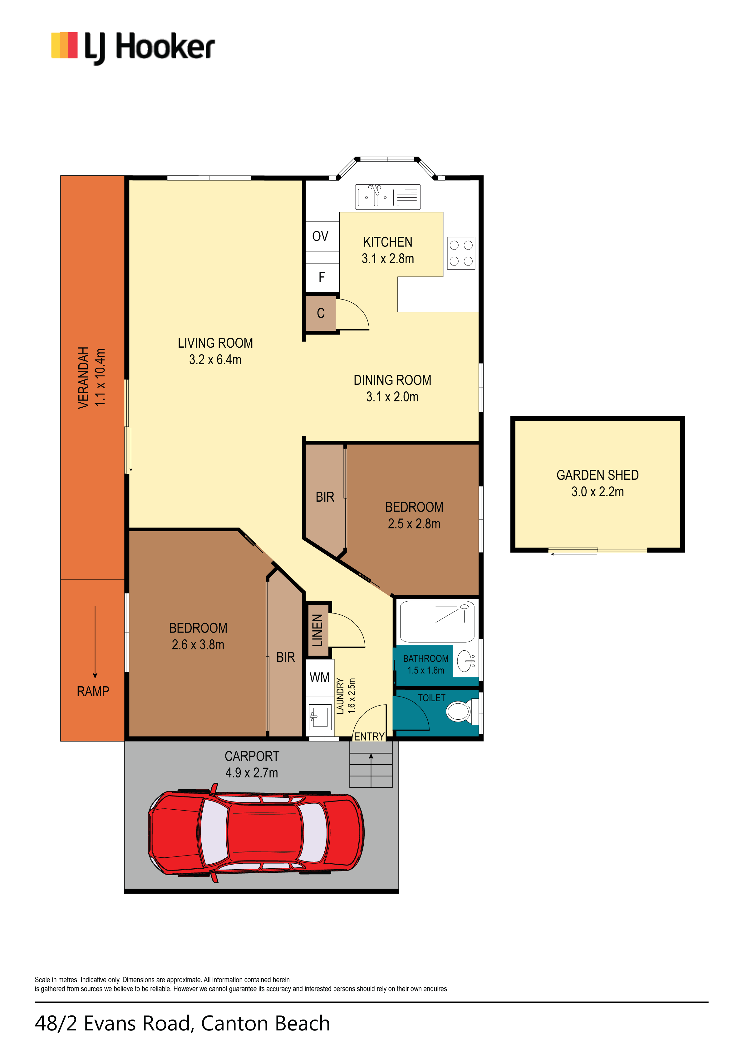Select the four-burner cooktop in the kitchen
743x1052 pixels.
pos(461,253)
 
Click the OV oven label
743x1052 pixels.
pos(320,236)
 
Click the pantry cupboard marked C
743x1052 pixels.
pos(321,313)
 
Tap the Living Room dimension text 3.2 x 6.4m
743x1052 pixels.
pos(215,360)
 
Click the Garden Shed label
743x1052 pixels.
pos(597,475)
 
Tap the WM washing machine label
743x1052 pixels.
pos(319,677)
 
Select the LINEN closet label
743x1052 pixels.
pos(317,630)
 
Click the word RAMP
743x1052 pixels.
pos(93,692)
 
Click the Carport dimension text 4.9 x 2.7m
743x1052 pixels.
pos(252,773)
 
